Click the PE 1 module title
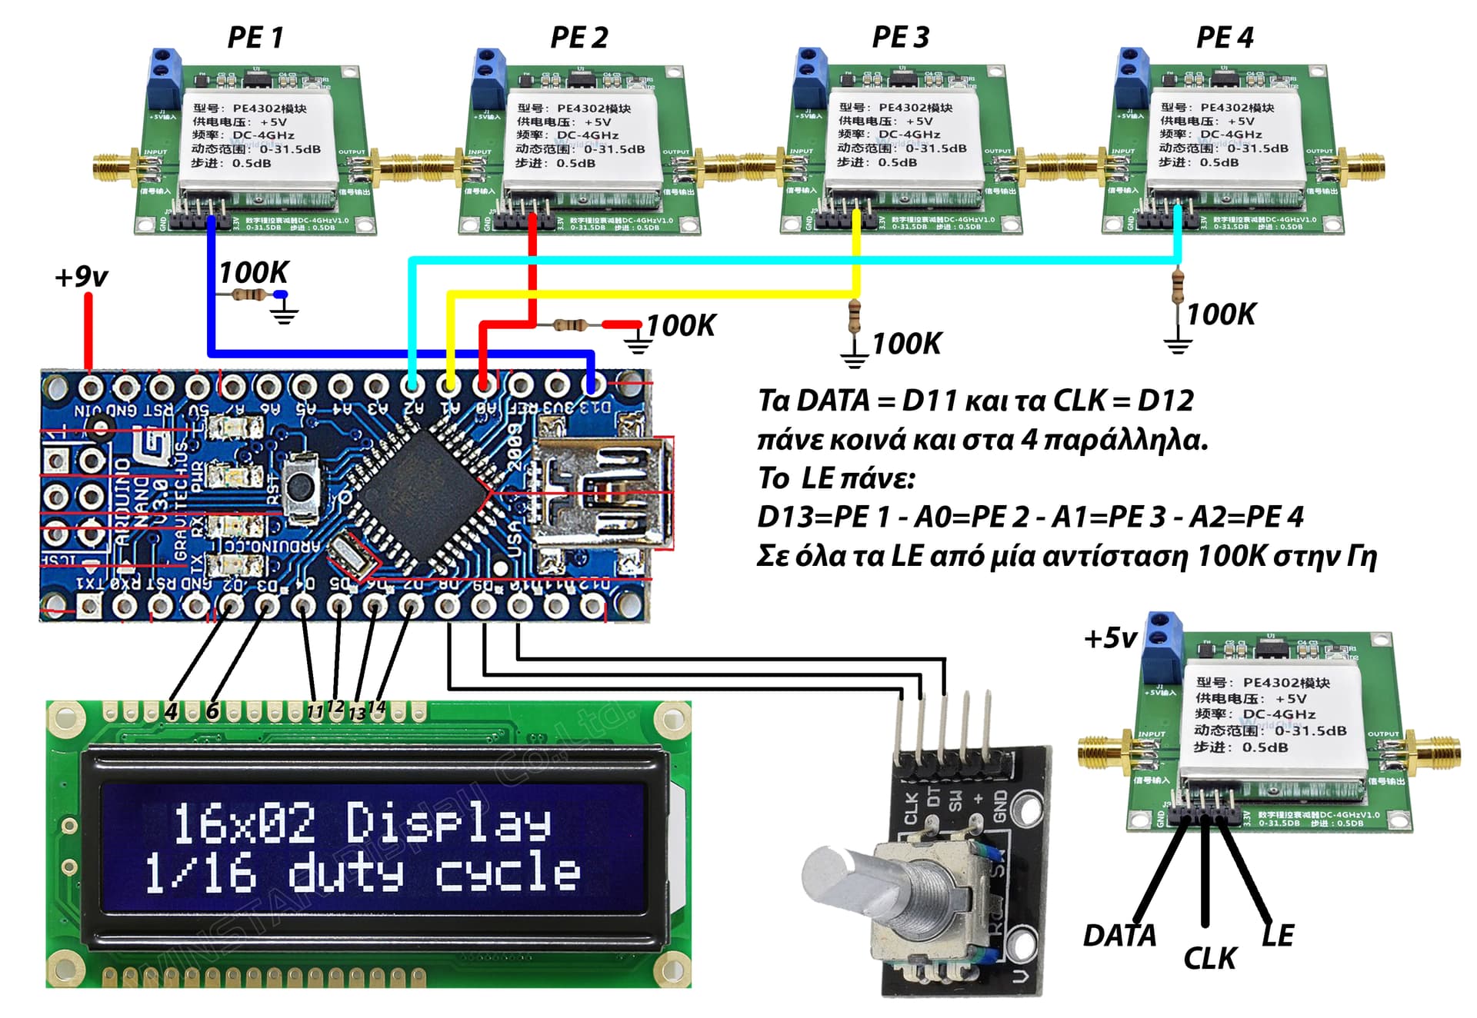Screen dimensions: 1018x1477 point(255,37)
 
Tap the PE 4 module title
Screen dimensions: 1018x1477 point(1224,37)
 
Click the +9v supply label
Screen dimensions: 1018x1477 point(81,277)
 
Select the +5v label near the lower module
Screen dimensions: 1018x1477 point(1109,638)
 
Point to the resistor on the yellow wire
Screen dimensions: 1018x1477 point(854,315)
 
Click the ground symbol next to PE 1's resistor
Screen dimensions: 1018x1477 point(285,311)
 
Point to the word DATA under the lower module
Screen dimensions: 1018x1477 point(1119,936)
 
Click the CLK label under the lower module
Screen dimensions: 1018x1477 point(1209,959)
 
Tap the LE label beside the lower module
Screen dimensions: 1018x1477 point(1278,935)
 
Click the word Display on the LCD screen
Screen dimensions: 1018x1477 point(448,823)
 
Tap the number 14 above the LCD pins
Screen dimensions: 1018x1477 point(376,707)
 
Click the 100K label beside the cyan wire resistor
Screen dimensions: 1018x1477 point(1221,314)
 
